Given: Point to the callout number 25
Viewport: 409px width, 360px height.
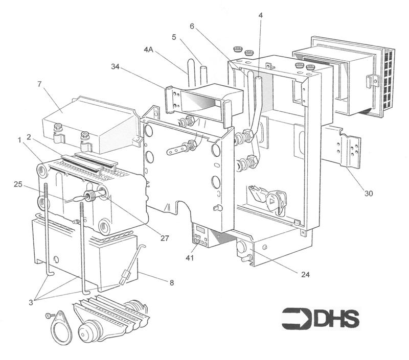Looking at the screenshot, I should tap(18, 183).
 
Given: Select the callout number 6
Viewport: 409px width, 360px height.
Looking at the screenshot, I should tap(191, 26).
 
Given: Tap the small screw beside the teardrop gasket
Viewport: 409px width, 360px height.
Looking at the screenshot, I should tap(49, 316).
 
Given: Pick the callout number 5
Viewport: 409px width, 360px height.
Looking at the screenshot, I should tap(174, 37).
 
